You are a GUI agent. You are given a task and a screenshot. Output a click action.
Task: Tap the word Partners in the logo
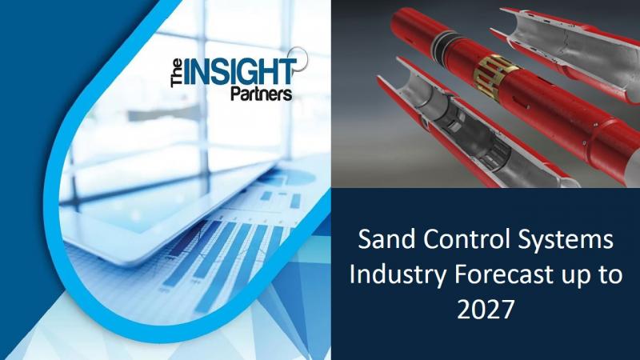point(262,94)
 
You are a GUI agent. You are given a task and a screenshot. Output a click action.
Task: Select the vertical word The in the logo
point(177,73)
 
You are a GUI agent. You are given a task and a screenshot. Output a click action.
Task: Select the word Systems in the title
point(566,241)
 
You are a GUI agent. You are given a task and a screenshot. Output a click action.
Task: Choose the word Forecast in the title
point(505,274)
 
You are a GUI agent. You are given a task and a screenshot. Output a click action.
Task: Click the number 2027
point(486,310)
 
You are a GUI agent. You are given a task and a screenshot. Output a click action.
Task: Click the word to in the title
point(610,275)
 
